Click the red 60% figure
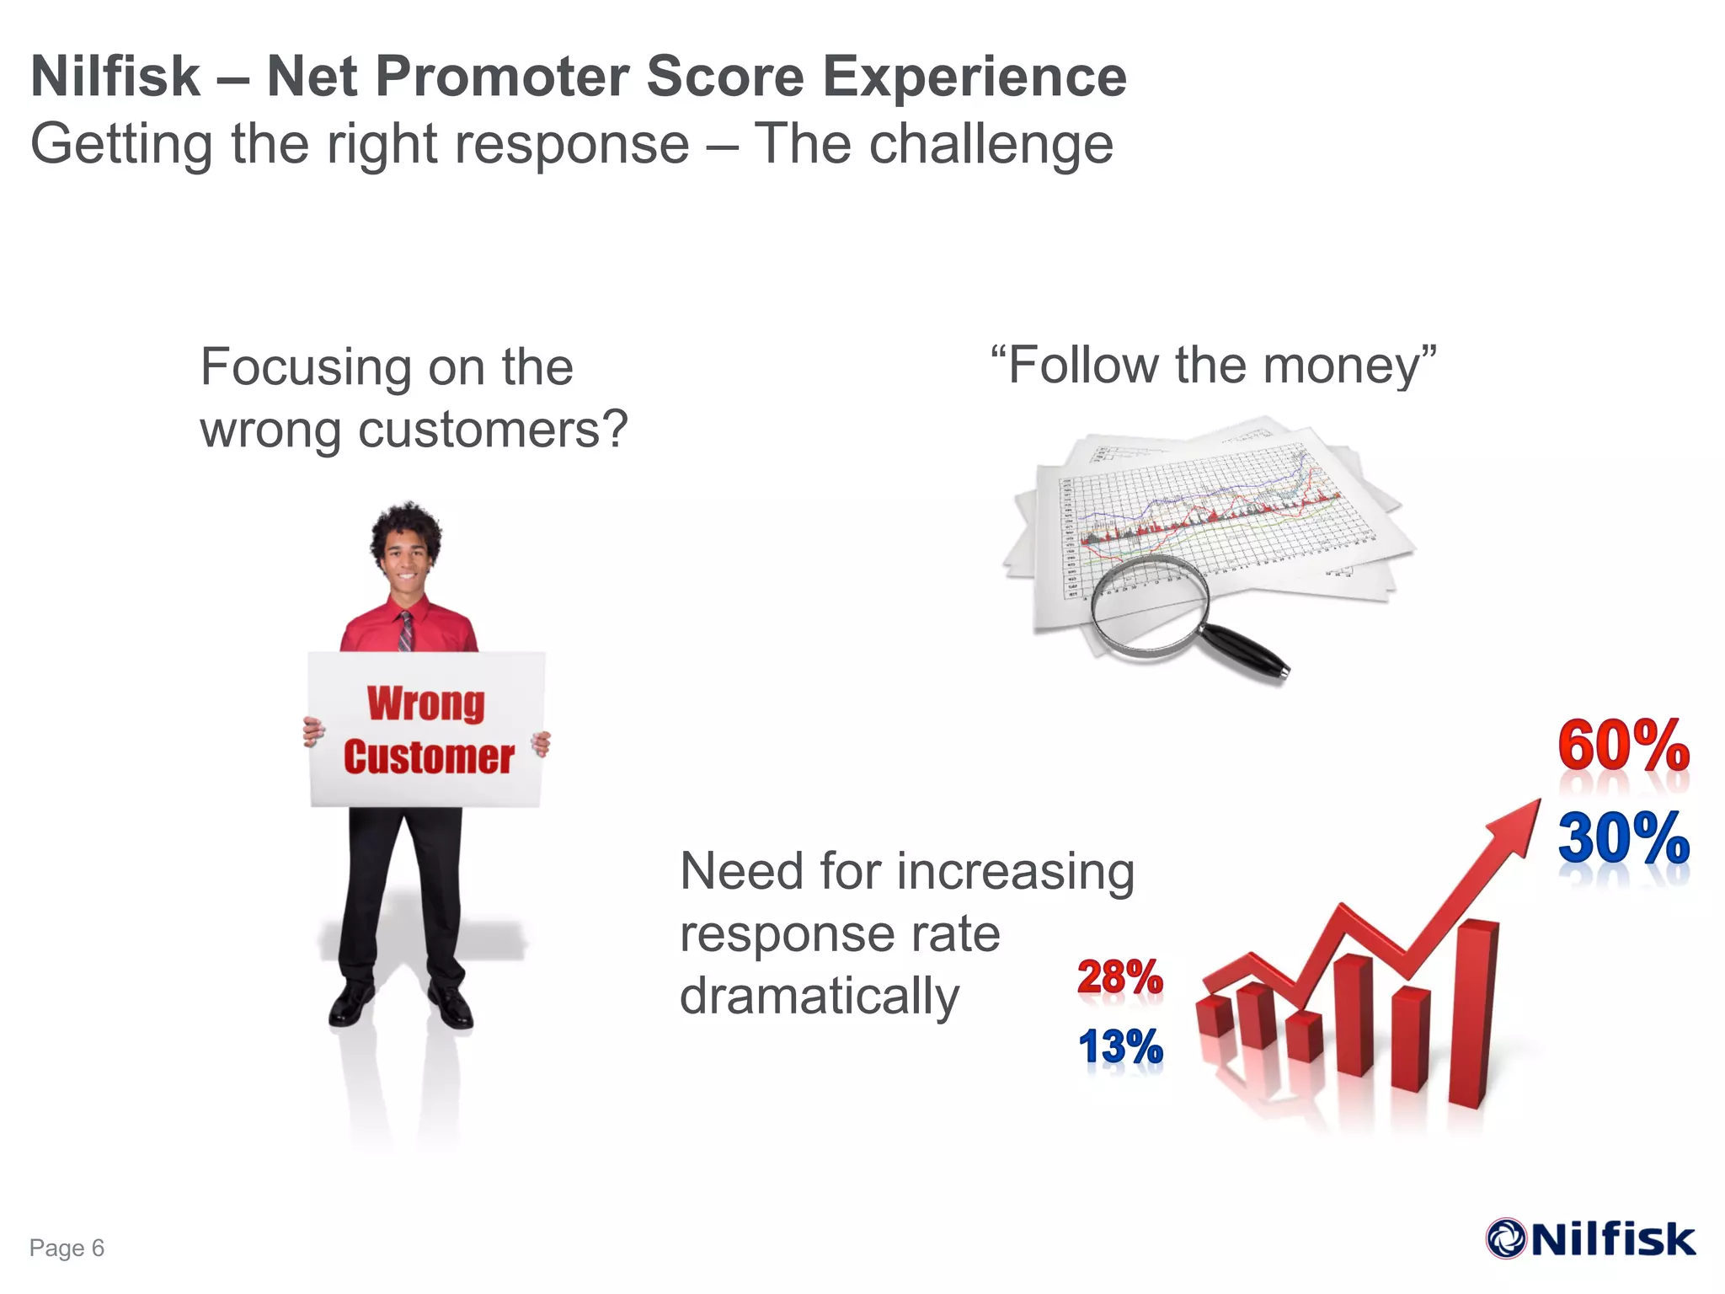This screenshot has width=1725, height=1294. tap(1623, 746)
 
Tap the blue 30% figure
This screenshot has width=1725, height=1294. tap(1623, 838)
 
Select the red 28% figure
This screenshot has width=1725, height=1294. tap(1120, 977)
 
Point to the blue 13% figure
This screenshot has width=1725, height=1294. tap(1120, 1047)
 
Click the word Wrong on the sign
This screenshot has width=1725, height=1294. tap(426, 703)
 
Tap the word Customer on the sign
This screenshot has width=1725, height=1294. tap(429, 757)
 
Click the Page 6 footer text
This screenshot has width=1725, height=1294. tap(67, 1248)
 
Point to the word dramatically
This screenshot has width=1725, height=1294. tap(819, 997)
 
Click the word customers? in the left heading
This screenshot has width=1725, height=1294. tap(493, 430)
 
